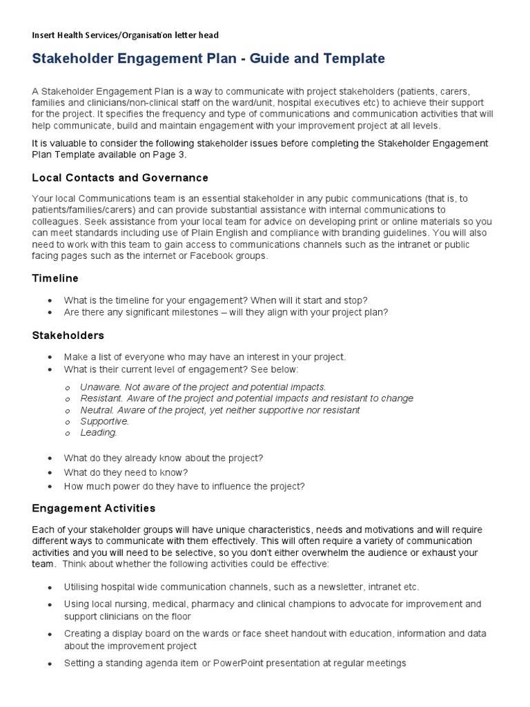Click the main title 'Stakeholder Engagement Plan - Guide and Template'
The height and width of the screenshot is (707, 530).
click(x=208, y=59)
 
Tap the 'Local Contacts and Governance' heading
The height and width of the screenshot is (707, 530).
click(x=120, y=178)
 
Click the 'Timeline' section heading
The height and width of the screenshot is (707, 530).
click(x=55, y=278)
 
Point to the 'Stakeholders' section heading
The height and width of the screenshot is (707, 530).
click(x=68, y=336)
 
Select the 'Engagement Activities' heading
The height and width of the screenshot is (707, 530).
click(x=94, y=508)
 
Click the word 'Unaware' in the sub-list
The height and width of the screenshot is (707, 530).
click(x=101, y=387)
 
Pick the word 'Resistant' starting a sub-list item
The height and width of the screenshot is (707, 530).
click(x=101, y=398)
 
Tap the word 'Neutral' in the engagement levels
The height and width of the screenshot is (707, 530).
click(x=98, y=410)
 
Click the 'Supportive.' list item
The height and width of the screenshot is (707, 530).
click(x=104, y=421)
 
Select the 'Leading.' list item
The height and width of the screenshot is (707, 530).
click(x=99, y=433)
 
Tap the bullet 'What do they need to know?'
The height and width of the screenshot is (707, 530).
click(x=126, y=472)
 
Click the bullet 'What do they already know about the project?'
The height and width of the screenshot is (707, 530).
click(x=164, y=458)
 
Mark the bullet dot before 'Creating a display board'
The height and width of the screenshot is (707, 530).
click(x=50, y=634)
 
